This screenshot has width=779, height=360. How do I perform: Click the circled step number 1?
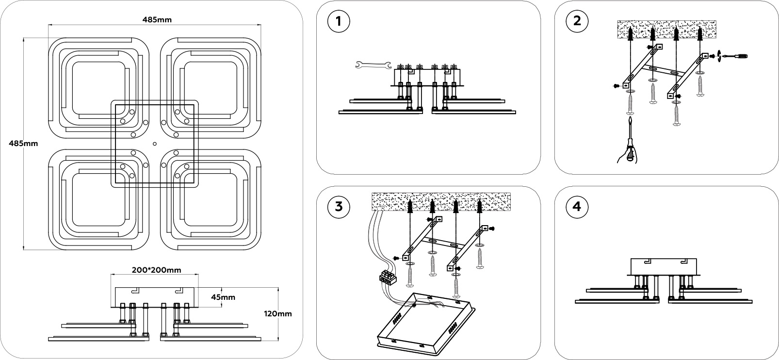click(338, 21)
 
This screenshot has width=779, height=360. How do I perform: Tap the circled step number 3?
click(338, 207)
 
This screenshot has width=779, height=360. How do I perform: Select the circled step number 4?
click(576, 207)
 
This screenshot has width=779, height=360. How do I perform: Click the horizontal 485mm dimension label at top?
click(157, 20)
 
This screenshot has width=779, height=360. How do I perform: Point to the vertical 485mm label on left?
click(23, 144)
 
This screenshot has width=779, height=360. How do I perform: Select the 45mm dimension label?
click(223, 297)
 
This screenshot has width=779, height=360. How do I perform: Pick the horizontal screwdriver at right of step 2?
click(735, 57)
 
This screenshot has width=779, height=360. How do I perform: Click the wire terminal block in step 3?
click(387, 278)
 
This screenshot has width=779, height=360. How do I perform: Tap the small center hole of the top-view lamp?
click(154, 143)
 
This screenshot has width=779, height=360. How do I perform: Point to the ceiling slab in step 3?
click(441, 201)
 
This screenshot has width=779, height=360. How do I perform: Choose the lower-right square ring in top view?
click(210, 200)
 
